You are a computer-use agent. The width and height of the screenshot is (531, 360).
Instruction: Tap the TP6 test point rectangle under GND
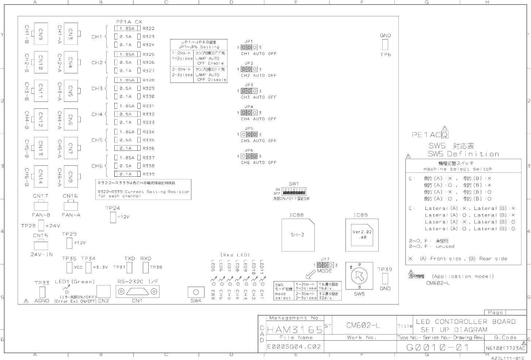(385, 45)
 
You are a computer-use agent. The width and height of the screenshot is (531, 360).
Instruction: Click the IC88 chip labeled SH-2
(298, 235)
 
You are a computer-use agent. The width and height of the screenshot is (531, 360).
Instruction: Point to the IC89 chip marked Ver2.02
(362, 235)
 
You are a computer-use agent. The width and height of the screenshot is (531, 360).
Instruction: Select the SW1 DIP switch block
(294, 192)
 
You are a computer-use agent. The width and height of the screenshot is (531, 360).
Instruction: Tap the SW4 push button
(196, 292)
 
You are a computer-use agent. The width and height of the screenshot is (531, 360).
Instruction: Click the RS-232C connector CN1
(137, 292)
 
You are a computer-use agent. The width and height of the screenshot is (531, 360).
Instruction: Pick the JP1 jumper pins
(249, 47)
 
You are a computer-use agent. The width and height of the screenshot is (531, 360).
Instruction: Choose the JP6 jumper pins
(249, 156)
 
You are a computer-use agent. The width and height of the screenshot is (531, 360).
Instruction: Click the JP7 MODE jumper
(324, 265)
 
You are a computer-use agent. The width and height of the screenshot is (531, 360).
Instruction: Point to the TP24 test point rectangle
(113, 217)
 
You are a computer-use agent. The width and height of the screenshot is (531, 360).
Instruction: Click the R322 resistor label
(149, 28)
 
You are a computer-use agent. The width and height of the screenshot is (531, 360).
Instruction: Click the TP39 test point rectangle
(385, 279)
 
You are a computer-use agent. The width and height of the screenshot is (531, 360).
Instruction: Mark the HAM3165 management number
(295, 330)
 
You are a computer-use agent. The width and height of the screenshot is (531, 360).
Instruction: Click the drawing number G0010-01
(437, 348)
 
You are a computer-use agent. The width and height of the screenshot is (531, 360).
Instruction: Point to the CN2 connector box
(104, 292)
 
